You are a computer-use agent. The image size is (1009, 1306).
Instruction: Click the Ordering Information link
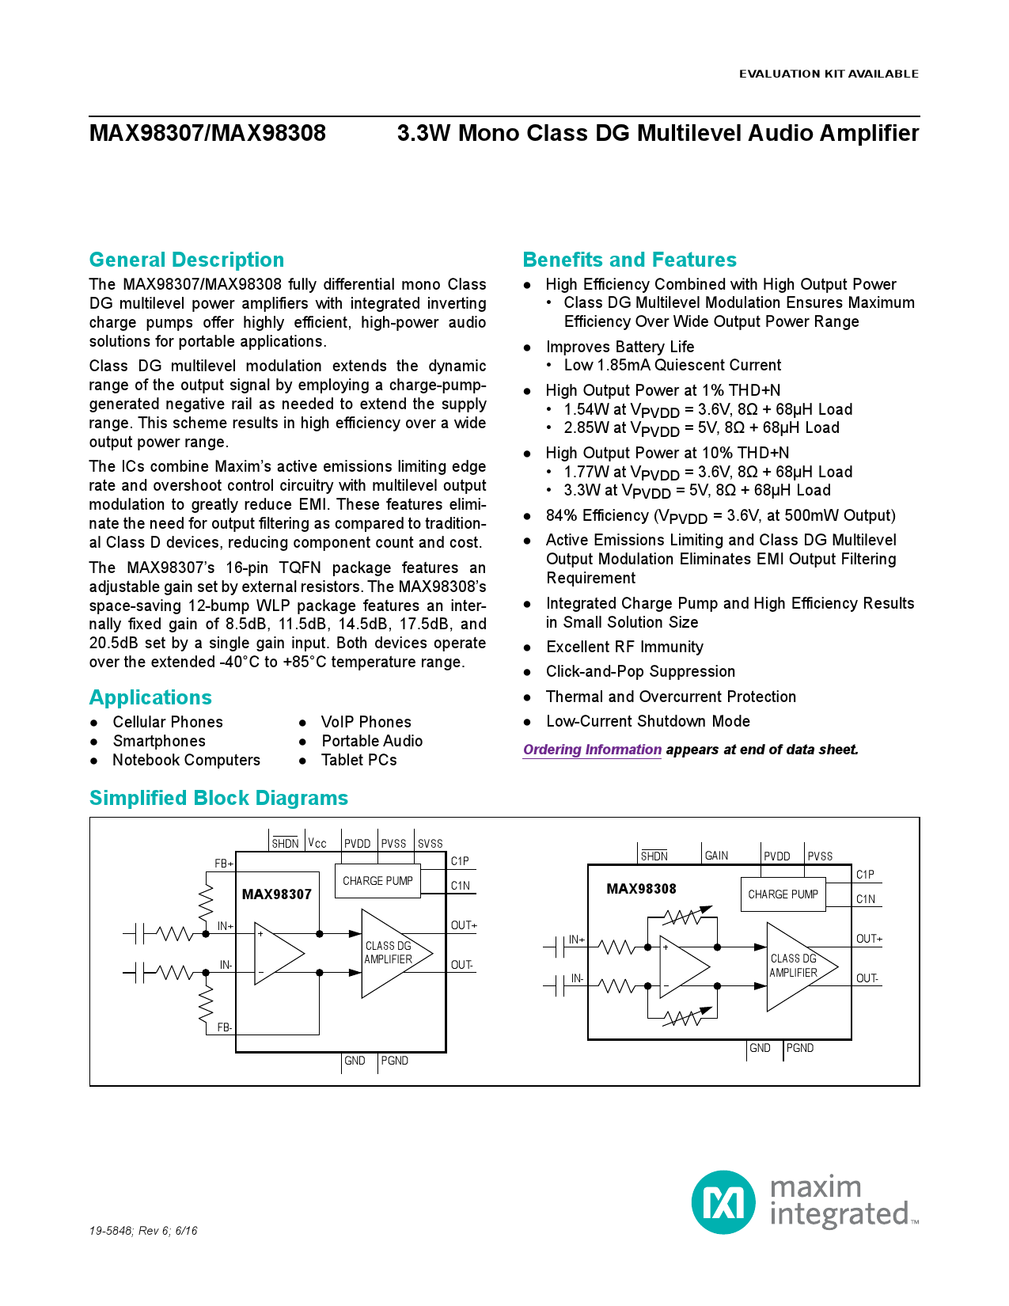tap(592, 750)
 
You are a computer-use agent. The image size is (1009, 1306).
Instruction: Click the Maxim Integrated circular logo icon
tap(723, 1202)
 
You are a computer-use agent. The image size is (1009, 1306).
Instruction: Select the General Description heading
tap(187, 260)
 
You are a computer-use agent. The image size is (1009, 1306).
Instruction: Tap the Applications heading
tap(150, 697)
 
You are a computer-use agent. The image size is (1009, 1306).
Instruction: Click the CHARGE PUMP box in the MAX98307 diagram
tap(377, 881)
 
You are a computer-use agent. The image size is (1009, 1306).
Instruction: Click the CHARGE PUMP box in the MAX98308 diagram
tap(783, 894)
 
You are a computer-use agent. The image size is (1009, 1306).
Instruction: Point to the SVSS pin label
tap(430, 844)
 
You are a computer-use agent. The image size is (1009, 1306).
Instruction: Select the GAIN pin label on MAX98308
tap(716, 856)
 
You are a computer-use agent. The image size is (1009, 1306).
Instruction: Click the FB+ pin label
tap(224, 864)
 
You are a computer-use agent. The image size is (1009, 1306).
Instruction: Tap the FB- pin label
tap(225, 1027)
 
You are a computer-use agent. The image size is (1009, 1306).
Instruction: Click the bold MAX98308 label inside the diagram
tap(641, 889)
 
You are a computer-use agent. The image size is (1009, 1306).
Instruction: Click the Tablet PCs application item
tap(358, 760)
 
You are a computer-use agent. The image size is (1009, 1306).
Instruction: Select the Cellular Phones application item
tap(168, 722)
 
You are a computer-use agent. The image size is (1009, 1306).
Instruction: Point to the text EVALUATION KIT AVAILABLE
tap(829, 74)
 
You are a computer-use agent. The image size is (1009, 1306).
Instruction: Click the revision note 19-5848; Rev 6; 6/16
tap(143, 1231)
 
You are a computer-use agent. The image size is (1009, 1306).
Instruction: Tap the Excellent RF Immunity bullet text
tap(624, 647)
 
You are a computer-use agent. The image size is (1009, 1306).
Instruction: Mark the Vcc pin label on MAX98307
tap(317, 844)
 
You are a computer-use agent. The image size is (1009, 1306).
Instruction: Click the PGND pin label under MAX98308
tap(799, 1048)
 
